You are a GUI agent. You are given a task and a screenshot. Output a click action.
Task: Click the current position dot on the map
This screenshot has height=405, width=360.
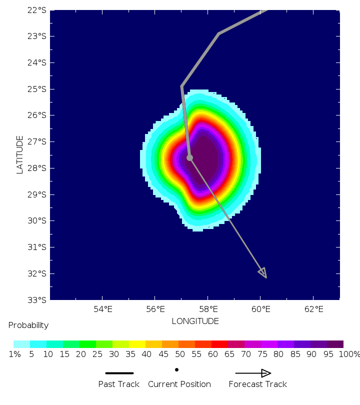(x=189, y=157)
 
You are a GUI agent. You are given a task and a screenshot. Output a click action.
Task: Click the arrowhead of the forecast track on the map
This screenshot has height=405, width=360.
(x=263, y=273)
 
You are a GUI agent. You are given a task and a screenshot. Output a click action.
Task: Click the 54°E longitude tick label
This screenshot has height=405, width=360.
(x=102, y=309)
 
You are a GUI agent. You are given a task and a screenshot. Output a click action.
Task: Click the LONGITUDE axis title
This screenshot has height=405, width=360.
(x=195, y=321)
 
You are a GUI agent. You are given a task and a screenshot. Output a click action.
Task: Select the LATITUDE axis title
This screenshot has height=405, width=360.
(x=20, y=154)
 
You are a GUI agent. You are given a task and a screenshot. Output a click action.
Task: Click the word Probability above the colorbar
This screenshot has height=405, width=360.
(x=28, y=325)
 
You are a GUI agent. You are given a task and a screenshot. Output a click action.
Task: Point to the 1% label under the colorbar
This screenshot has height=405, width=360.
(x=15, y=354)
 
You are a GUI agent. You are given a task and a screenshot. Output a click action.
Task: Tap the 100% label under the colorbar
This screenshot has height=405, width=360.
(x=349, y=354)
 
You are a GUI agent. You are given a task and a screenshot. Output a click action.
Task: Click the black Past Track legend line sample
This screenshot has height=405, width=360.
(x=119, y=373)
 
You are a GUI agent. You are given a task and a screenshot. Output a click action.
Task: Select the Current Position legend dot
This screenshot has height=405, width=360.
(x=176, y=370)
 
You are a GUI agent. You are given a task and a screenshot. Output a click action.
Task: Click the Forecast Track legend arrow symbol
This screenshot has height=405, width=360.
(x=253, y=373)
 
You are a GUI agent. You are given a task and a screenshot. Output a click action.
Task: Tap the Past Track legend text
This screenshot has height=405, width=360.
(x=119, y=384)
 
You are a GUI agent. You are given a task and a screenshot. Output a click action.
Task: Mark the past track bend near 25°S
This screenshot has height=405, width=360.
(x=182, y=86)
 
